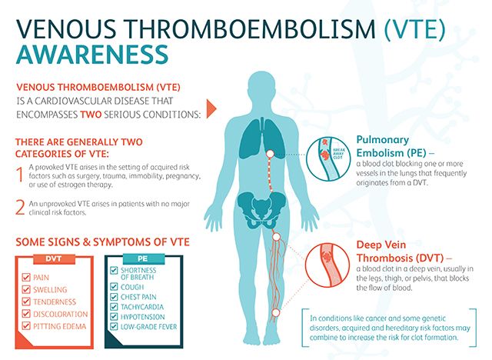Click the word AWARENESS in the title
[x=92, y=55]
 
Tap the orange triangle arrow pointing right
[x=211, y=108]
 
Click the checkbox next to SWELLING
[x=26, y=289]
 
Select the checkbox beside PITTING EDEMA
[x=26, y=326]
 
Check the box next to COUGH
[x=114, y=287]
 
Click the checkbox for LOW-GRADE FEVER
[x=114, y=327]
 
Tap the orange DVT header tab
[x=54, y=259]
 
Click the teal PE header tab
[x=143, y=258]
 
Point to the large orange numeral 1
[x=20, y=175]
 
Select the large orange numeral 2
[x=20, y=208]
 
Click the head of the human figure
[x=261, y=88]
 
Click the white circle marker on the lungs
[x=270, y=154]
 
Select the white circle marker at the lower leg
[x=275, y=313]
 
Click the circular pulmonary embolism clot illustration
[x=328, y=158]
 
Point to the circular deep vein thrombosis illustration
[x=327, y=265]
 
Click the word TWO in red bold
[x=91, y=115]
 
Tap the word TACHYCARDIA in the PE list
[x=142, y=307]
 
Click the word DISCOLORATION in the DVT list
[x=61, y=314]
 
